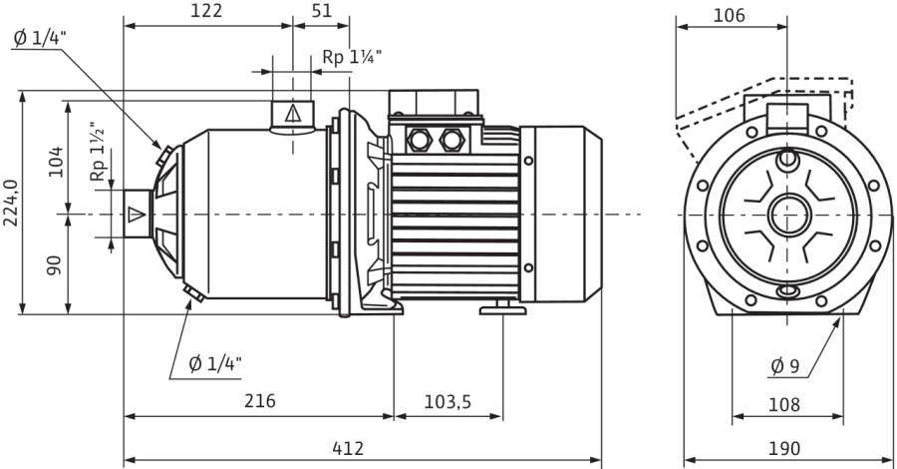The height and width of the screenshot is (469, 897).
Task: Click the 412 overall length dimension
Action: click(x=348, y=448)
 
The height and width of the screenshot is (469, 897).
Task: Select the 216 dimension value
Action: click(x=260, y=401)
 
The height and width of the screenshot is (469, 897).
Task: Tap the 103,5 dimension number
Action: click(x=448, y=402)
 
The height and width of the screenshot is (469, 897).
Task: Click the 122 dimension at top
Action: click(x=206, y=11)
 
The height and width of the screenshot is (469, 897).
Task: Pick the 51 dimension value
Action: click(x=322, y=11)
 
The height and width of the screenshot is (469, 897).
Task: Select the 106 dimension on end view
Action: click(x=729, y=15)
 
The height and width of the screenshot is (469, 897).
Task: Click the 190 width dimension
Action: click(x=783, y=448)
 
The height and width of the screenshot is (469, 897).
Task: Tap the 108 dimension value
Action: click(x=783, y=405)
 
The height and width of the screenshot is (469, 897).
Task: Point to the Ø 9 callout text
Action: click(x=784, y=366)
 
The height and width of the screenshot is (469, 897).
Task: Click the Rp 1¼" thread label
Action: click(x=352, y=57)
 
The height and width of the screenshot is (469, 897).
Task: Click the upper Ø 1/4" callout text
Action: click(x=40, y=38)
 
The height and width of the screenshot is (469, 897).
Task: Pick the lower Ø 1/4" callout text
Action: click(x=215, y=363)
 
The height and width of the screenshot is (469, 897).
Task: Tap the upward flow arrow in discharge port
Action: click(x=292, y=113)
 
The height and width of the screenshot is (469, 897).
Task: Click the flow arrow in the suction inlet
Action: click(x=137, y=215)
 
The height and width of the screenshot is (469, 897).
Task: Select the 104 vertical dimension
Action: click(x=56, y=162)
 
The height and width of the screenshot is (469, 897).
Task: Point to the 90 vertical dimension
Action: click(x=55, y=264)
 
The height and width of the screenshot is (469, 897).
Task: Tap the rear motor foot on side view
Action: click(x=503, y=308)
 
